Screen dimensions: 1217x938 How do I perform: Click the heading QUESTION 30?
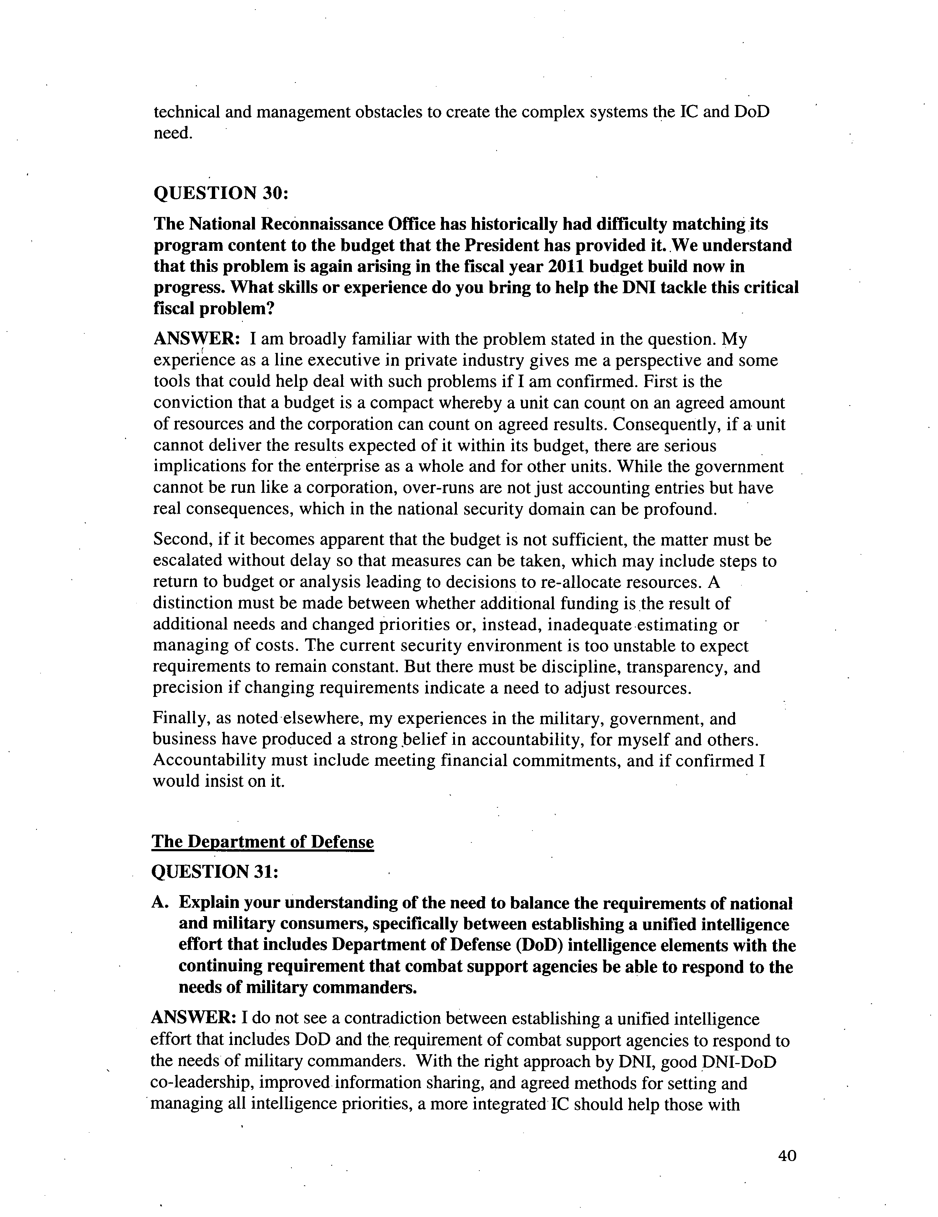point(221,193)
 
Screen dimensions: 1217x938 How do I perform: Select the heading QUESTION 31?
point(214,871)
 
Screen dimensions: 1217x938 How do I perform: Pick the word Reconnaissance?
point(321,224)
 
